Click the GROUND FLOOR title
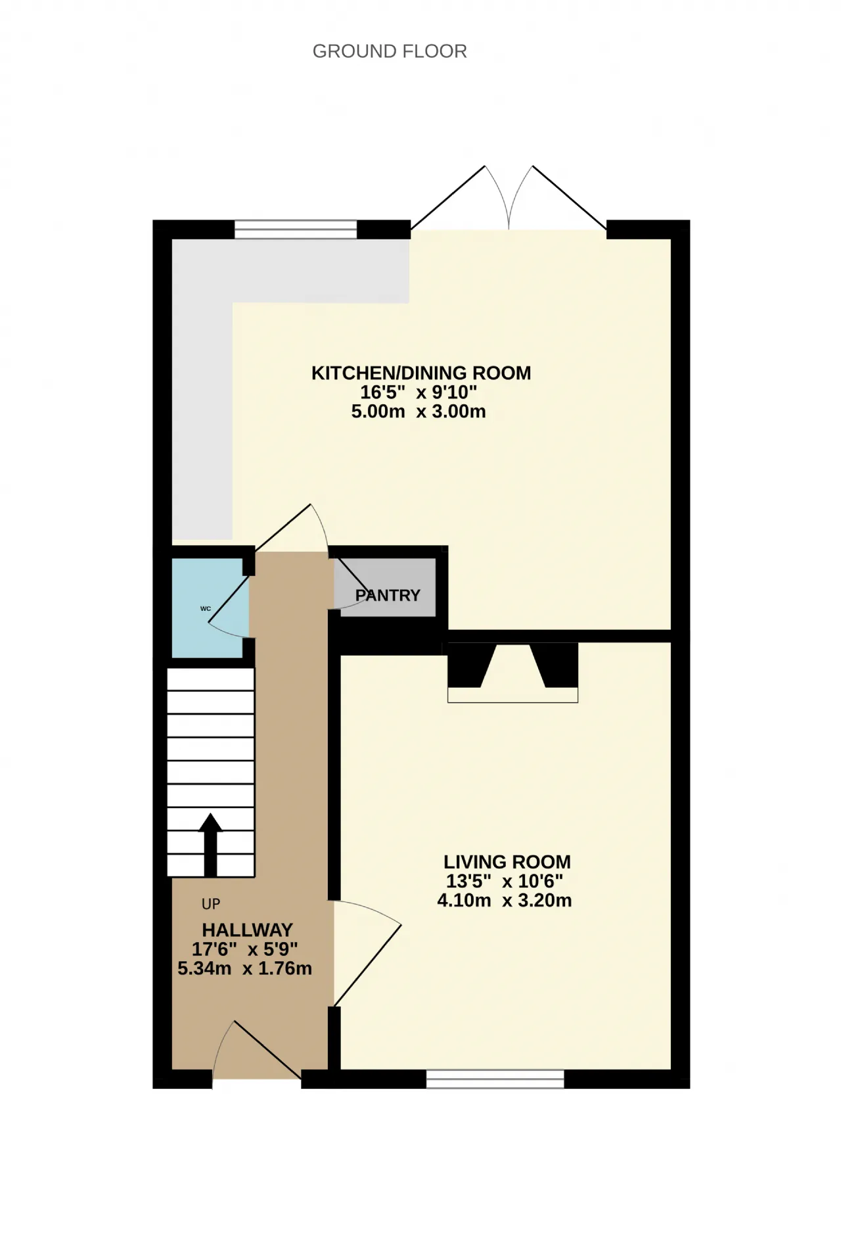(x=390, y=51)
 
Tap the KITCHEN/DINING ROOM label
(x=421, y=373)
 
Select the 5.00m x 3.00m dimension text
(x=419, y=412)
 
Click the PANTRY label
(x=388, y=595)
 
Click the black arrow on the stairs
(x=210, y=844)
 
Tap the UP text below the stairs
(x=211, y=905)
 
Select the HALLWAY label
(x=247, y=930)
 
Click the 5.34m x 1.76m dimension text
(x=244, y=968)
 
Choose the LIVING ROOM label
(x=507, y=862)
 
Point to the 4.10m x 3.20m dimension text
(x=505, y=900)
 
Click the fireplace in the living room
(x=512, y=673)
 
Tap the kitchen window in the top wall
(x=296, y=229)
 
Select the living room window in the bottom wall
(x=495, y=1079)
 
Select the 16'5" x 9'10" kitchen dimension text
(x=419, y=393)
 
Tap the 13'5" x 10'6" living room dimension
(x=505, y=881)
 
